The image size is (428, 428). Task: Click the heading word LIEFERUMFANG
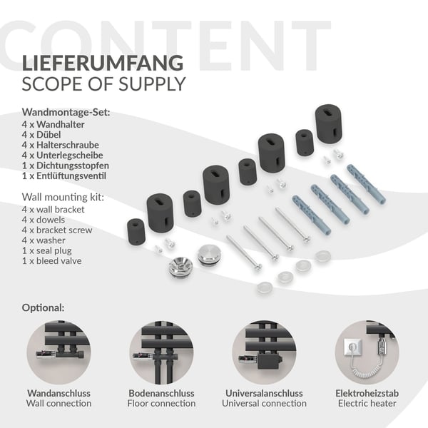pyautogui.click(x=102, y=63)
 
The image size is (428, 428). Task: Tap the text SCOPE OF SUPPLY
pyautogui.click(x=103, y=84)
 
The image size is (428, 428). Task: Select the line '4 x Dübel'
pyautogui.click(x=41, y=135)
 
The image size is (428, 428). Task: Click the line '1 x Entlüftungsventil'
pyautogui.click(x=64, y=175)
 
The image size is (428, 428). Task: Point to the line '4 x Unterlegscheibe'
pyautogui.click(x=62, y=155)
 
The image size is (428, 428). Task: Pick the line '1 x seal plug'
pyautogui.click(x=46, y=250)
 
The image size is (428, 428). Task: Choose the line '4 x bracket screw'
pyautogui.click(x=57, y=230)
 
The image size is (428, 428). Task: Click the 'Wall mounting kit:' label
pyautogui.click(x=63, y=197)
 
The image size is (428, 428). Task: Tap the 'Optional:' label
pyautogui.click(x=43, y=307)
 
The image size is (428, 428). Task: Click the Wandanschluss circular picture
pyautogui.click(x=58, y=352)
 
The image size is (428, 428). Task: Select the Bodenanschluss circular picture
pyautogui.click(x=161, y=352)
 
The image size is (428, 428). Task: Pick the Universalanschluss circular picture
pyautogui.click(x=264, y=352)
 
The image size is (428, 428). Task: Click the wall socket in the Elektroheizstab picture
pyautogui.click(x=352, y=347)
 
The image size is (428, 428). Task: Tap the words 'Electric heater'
pyautogui.click(x=367, y=403)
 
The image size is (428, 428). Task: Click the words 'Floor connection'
pyautogui.click(x=161, y=403)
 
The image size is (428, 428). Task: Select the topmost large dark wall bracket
pyautogui.click(x=329, y=123)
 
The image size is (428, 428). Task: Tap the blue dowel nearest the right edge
pyautogui.click(x=367, y=184)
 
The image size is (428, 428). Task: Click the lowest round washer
pyautogui.click(x=265, y=287)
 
